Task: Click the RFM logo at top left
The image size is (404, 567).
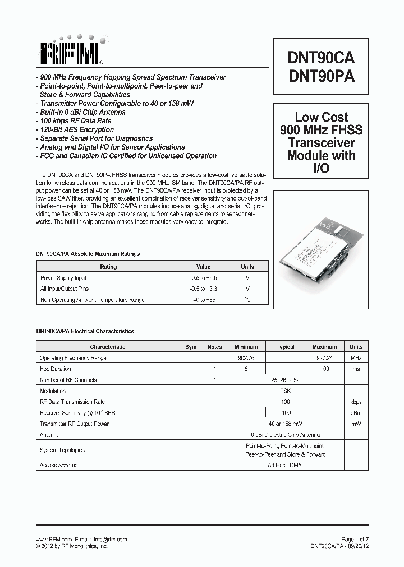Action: [71, 53]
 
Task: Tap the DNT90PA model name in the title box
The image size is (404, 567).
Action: [321, 77]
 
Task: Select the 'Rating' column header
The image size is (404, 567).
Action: [108, 267]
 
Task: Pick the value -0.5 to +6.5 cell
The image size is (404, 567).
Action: [203, 278]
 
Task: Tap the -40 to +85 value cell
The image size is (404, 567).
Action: [203, 300]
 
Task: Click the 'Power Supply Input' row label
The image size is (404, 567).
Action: [63, 278]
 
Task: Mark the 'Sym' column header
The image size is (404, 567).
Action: [191, 347]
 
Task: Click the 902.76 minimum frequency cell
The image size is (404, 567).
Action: [246, 358]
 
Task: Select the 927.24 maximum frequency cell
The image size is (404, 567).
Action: [324, 358]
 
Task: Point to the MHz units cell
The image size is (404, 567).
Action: [356, 358]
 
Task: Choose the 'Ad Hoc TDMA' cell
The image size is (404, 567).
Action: [285, 466]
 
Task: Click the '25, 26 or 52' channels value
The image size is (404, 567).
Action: [285, 380]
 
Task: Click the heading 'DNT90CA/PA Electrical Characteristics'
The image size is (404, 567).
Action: [85, 332]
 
